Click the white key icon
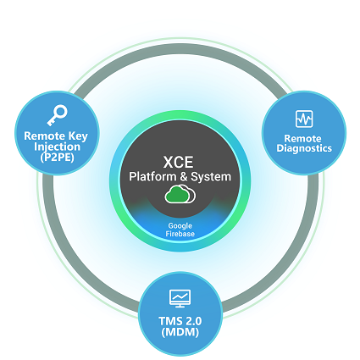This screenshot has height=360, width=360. (57, 115)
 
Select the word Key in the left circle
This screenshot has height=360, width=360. (78, 136)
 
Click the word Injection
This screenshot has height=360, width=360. (57, 147)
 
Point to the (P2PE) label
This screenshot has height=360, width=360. (57, 158)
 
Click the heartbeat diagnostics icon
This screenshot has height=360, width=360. (304, 119)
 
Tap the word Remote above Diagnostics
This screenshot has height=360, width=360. (302, 138)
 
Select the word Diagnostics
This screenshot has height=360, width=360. (304, 148)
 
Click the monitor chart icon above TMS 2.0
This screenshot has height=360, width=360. (180, 298)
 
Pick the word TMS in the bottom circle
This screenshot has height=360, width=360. (169, 321)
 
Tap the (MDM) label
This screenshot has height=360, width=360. (180, 332)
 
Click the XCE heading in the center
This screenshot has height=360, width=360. (178, 162)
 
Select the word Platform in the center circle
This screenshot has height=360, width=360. (152, 176)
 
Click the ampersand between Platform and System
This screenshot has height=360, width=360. (184, 177)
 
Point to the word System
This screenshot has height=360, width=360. (211, 177)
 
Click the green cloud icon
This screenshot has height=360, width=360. (180, 194)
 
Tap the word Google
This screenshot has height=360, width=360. (180, 226)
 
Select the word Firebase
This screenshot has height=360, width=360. (180, 234)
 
